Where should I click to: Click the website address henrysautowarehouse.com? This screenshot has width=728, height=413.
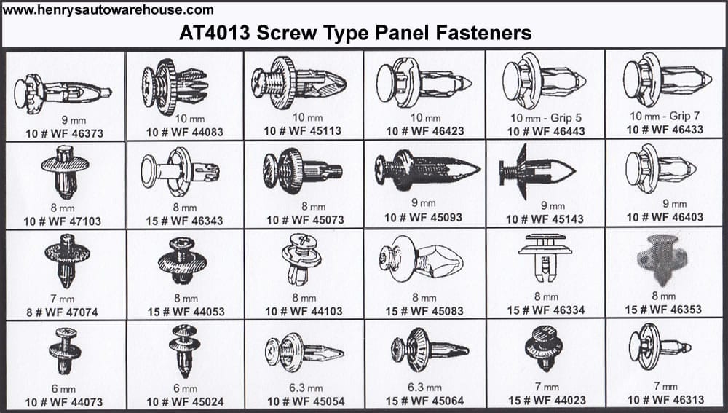(x=108, y=10)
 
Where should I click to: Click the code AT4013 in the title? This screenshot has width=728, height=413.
(x=215, y=33)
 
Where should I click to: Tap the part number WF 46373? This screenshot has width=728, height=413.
(x=71, y=134)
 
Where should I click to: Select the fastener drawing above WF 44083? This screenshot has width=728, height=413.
(x=174, y=87)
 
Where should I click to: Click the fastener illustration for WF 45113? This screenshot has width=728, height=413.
(x=298, y=83)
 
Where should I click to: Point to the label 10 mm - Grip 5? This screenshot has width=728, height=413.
(x=546, y=118)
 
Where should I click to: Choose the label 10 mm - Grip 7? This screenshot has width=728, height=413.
(x=665, y=116)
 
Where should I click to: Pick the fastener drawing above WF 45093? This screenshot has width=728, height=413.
(x=427, y=170)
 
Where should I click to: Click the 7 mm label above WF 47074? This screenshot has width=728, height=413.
(x=63, y=299)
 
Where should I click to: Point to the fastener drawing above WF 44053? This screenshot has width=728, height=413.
(x=182, y=261)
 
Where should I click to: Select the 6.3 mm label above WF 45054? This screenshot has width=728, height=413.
(x=306, y=388)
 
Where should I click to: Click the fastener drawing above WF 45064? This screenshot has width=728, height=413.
(x=429, y=350)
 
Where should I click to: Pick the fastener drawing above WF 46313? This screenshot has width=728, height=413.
(x=660, y=347)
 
